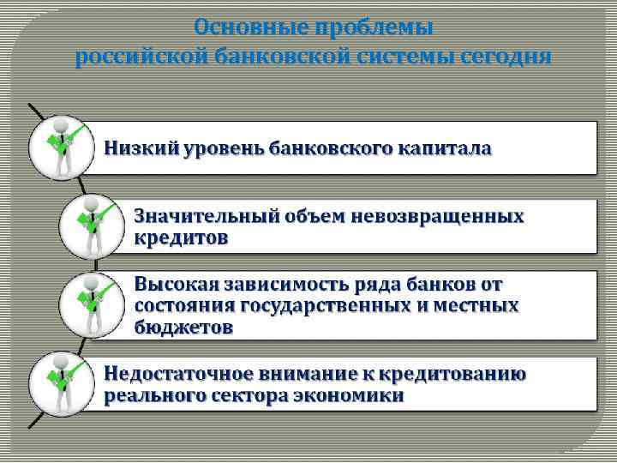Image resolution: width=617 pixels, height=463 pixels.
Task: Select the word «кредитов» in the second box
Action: [182, 238]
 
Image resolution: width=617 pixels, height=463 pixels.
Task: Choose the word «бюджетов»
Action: [183, 327]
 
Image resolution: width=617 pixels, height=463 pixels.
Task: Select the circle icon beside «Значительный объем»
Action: [91, 225]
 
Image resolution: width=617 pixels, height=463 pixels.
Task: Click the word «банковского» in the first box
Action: [332, 147]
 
